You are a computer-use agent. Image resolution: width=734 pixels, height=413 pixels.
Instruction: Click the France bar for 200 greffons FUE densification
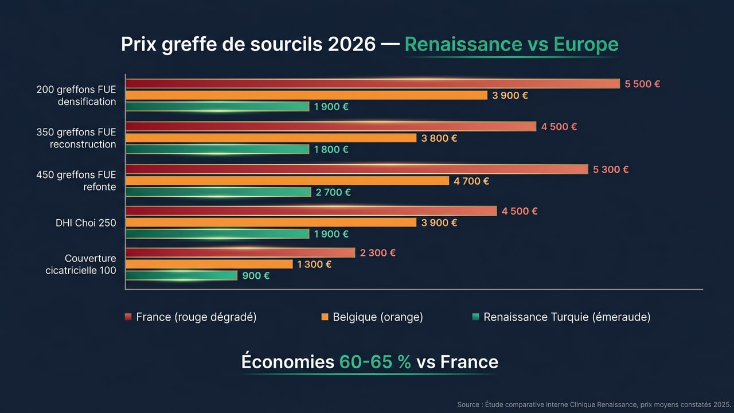coord(373,84)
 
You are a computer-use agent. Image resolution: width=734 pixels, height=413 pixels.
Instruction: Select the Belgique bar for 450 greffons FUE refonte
coord(287,181)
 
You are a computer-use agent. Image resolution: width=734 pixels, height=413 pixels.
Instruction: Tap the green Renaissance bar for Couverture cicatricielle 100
coord(181,275)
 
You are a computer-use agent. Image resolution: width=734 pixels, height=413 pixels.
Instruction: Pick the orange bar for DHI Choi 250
coord(271,223)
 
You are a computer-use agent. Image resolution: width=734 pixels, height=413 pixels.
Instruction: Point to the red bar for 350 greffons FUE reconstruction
coord(331,126)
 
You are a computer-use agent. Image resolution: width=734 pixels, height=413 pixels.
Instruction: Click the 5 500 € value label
coord(642,84)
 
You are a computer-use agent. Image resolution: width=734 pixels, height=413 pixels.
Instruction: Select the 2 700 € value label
coord(333,192)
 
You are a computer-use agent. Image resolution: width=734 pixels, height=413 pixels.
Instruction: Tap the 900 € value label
coord(256,275)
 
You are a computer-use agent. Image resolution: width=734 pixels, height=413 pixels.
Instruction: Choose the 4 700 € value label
coord(471,181)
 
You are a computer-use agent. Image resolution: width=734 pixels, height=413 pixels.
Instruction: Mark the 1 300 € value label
coord(314,264)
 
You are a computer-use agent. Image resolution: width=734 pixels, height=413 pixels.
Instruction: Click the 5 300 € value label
coord(611,169)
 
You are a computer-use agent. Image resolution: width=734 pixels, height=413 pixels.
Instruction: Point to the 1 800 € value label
coord(331,149)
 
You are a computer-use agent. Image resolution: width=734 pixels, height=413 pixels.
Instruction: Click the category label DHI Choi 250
coord(85,223)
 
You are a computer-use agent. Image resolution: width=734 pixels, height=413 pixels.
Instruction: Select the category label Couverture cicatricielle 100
coord(81,264)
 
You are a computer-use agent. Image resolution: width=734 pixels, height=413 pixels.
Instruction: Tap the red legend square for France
coord(128,317)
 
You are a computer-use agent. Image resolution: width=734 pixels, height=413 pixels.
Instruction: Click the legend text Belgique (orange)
coord(378,317)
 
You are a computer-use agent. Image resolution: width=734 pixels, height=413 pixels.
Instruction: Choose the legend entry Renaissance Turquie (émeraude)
coord(567,317)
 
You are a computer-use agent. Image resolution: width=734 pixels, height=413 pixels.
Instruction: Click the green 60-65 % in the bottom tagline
coord(375,362)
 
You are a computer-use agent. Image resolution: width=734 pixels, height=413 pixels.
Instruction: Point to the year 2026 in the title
coord(352,44)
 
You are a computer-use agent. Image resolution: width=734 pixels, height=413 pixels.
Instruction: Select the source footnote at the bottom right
coord(593,404)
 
